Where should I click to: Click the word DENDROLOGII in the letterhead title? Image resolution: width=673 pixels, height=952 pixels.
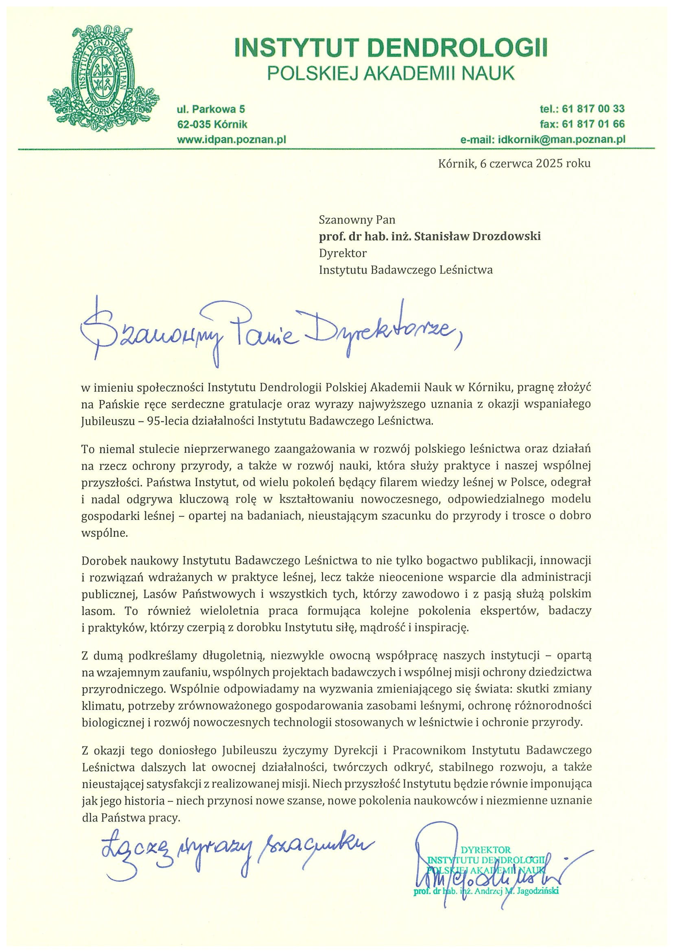tap(457, 48)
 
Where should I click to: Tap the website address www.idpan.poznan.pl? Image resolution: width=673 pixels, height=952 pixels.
tap(232, 139)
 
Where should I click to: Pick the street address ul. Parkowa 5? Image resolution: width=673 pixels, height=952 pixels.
tap(211, 109)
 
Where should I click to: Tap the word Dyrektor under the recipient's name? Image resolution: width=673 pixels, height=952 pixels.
tap(343, 253)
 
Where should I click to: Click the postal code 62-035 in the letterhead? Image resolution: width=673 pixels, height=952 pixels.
tap(194, 124)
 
